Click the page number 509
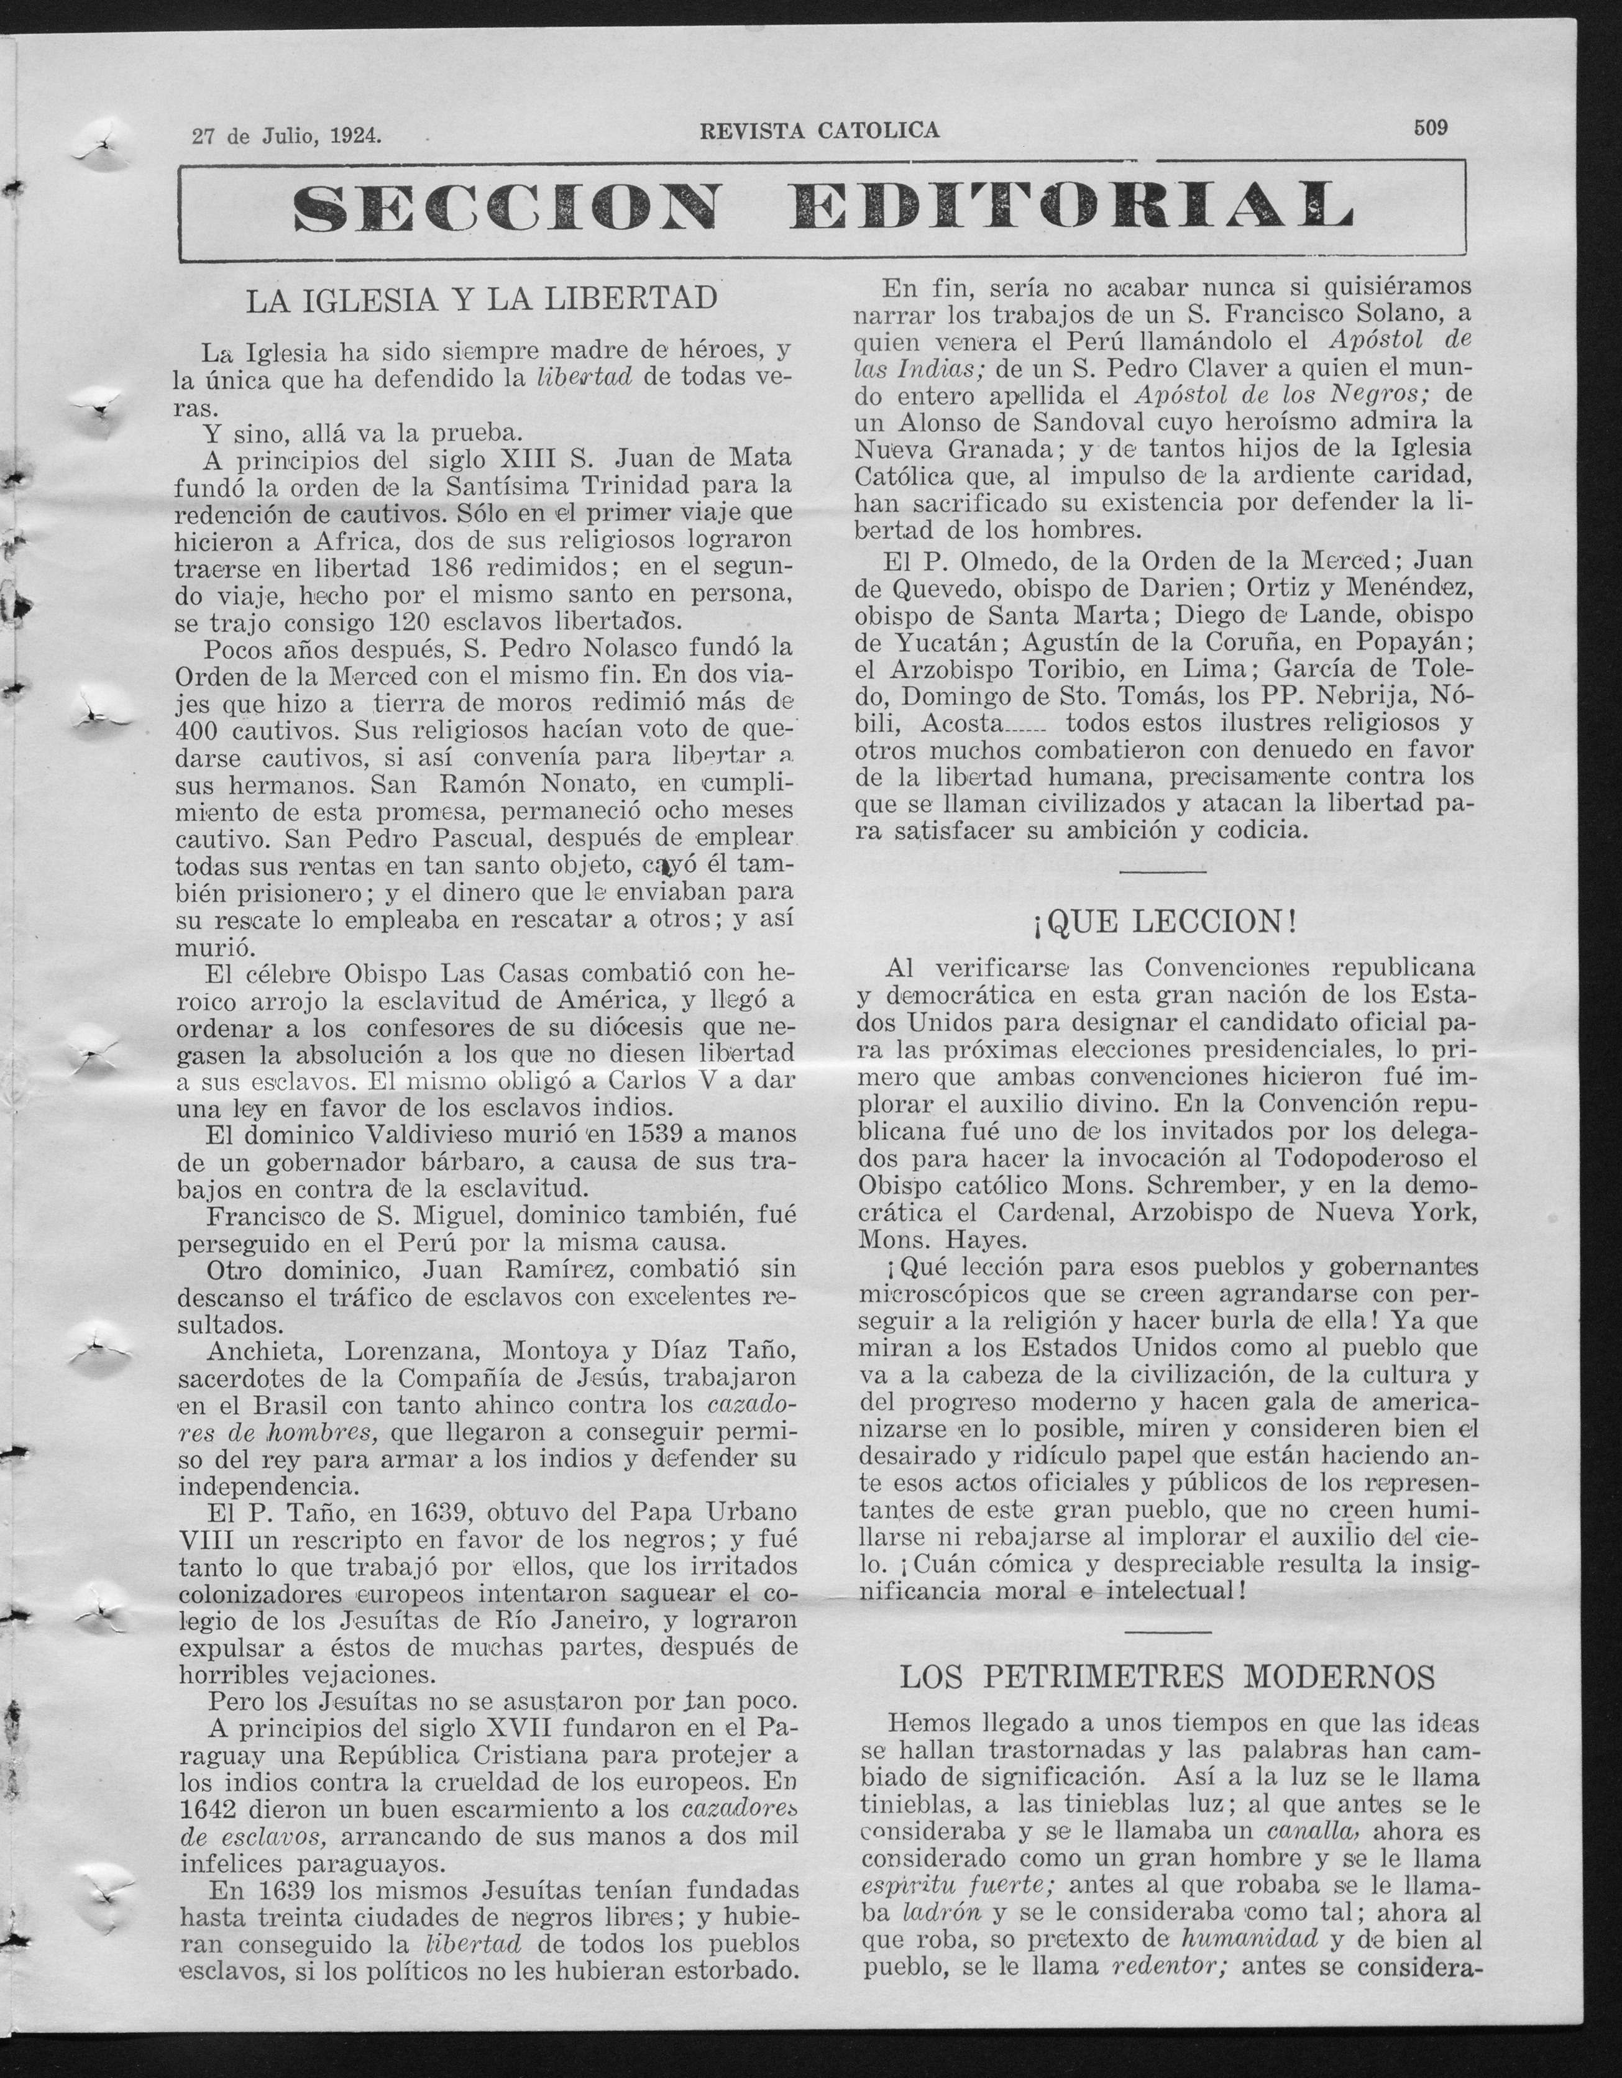1430,127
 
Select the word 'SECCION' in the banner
505,208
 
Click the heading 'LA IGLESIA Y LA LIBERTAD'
482,299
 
